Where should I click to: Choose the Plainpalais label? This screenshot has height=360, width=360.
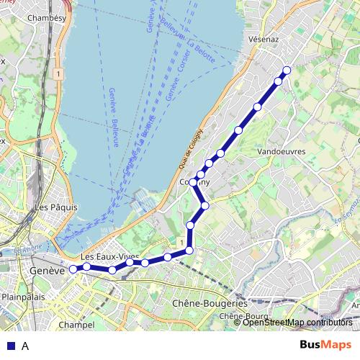pos(24,296)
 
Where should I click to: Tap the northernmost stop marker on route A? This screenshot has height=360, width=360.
pos(287,70)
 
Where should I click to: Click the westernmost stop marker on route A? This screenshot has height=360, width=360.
pos(73,269)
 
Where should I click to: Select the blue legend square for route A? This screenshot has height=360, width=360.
pos(10,346)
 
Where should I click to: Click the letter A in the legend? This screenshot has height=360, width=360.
pos(25,346)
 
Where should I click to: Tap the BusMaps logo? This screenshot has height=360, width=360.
pos(326,345)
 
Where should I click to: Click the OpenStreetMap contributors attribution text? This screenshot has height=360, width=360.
pos(297,322)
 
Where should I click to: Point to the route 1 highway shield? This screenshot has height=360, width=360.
pos(56,73)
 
